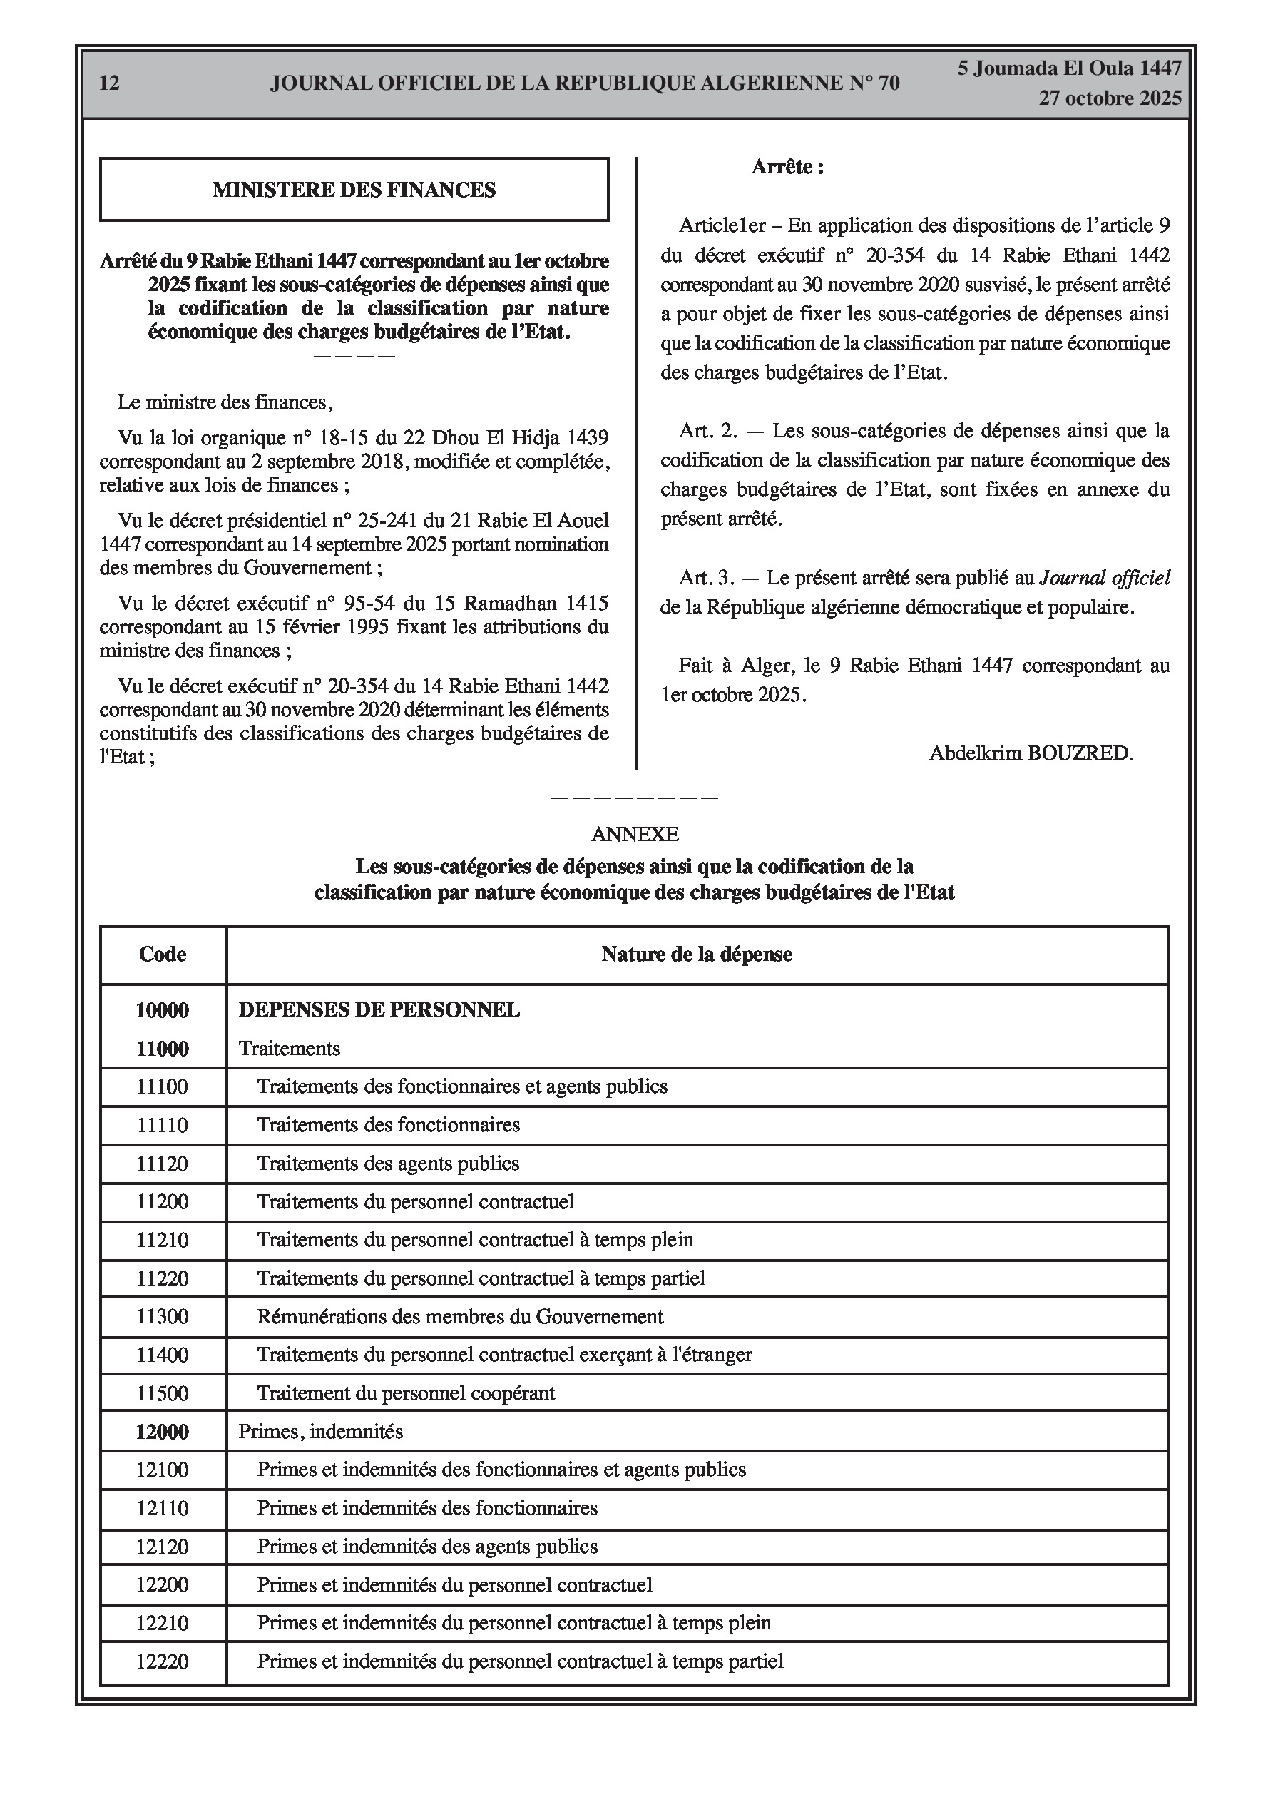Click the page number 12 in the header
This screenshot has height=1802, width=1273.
pyautogui.click(x=110, y=83)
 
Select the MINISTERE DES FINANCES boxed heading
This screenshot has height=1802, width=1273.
pyautogui.click(x=354, y=190)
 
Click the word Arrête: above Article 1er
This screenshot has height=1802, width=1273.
pyautogui.click(x=787, y=167)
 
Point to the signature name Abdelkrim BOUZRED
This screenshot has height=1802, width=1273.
pyautogui.click(x=1031, y=753)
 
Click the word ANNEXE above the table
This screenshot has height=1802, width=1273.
pyautogui.click(x=635, y=834)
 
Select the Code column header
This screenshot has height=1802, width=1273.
pyautogui.click(x=163, y=955)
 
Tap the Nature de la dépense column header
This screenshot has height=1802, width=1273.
pyautogui.click(x=696, y=955)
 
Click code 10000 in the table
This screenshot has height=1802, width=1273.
pyautogui.click(x=163, y=1010)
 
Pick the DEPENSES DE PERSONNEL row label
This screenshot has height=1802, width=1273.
pyautogui.click(x=379, y=1010)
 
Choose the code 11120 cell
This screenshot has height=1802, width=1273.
pyautogui.click(x=163, y=1164)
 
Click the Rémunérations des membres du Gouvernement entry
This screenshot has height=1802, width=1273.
pyautogui.click(x=460, y=1317)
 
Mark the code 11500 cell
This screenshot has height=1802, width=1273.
pyautogui.click(x=163, y=1394)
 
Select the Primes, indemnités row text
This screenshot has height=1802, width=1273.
pyautogui.click(x=320, y=1432)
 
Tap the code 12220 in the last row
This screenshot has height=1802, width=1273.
pyautogui.click(x=163, y=1661)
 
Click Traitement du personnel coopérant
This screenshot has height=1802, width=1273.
pyautogui.click(x=406, y=1394)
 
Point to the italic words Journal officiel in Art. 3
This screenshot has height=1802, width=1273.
pyautogui.click(x=1104, y=579)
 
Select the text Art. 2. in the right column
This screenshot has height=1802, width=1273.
pyautogui.click(x=708, y=431)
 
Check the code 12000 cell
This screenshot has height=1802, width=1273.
pyautogui.click(x=163, y=1432)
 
